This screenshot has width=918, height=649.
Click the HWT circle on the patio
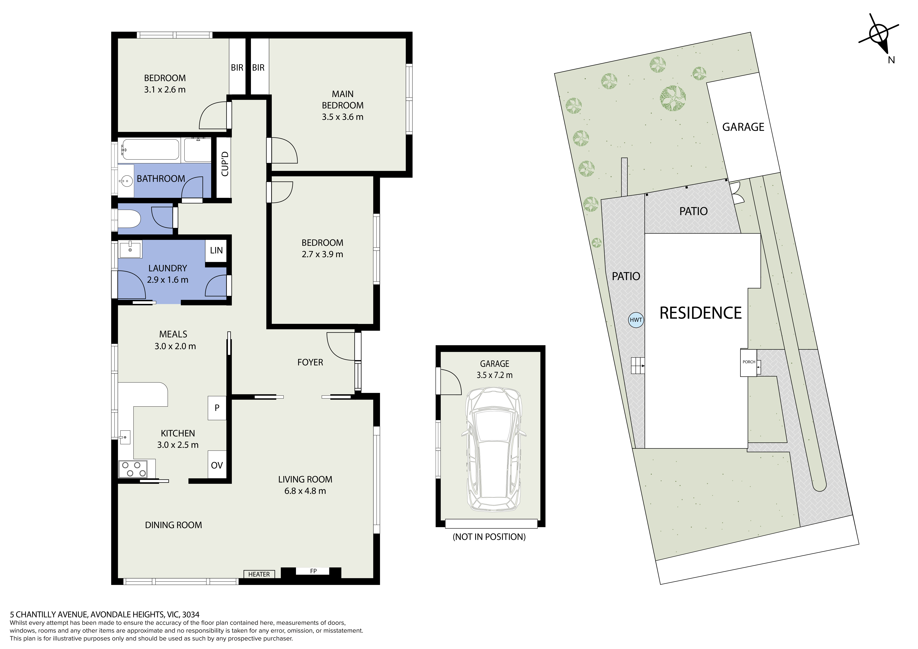[x=636, y=320]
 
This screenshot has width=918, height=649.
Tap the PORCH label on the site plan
[x=749, y=362]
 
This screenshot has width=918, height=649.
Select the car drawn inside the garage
[x=494, y=449]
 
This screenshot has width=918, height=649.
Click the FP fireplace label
[x=313, y=571]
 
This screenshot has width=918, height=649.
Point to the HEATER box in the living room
[x=259, y=574]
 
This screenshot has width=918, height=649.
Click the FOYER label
[x=310, y=362]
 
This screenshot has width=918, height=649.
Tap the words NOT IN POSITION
[x=489, y=537]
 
